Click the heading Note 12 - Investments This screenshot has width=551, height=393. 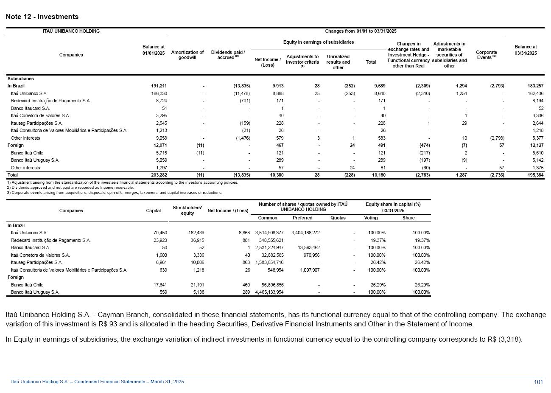click(x=42, y=17)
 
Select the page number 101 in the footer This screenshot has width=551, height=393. click(x=538, y=382)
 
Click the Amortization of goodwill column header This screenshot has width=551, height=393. click(x=187, y=55)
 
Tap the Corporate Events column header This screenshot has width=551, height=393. click(x=486, y=55)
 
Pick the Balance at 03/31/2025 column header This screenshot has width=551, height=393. click(x=526, y=50)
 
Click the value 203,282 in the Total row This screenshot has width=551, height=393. click(x=159, y=175)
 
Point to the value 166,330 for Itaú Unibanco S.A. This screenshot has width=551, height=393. click(x=159, y=93)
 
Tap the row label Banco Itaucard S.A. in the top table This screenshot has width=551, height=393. click(x=31, y=108)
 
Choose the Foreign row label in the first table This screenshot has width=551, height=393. click(x=16, y=145)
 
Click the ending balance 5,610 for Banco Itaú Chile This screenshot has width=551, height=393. click(x=537, y=153)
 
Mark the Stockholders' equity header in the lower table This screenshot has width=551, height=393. click(x=187, y=210)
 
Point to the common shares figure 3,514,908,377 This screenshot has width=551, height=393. click(x=269, y=233)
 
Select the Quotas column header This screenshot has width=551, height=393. click(x=338, y=218)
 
